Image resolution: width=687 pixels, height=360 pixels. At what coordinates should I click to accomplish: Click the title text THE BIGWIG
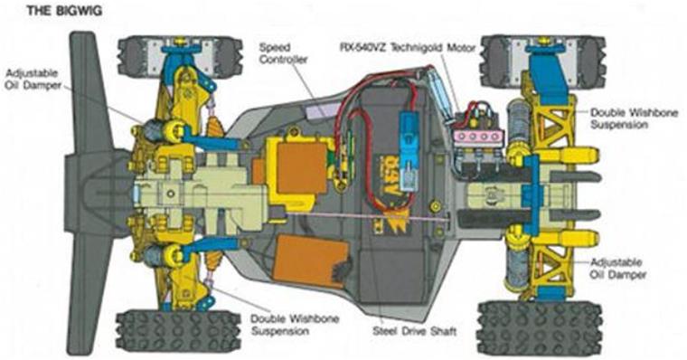tap(64, 11)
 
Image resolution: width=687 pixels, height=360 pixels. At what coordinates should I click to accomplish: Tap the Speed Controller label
tap(283, 53)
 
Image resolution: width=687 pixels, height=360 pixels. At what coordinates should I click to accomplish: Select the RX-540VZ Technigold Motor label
tap(408, 47)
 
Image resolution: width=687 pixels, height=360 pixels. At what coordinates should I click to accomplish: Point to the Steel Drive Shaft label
tap(414, 331)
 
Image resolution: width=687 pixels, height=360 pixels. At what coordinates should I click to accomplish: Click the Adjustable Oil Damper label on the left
tap(33, 80)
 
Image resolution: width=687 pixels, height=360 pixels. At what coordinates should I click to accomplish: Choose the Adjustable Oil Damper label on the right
tap(617, 269)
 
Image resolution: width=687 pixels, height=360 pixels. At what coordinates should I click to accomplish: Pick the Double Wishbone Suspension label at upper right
tap(634, 118)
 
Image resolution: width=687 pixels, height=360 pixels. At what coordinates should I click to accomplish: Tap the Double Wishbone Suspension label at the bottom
tap(295, 325)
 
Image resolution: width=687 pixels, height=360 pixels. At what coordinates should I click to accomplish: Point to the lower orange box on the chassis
tap(309, 261)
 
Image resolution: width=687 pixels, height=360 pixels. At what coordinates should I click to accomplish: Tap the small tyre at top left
tap(180, 57)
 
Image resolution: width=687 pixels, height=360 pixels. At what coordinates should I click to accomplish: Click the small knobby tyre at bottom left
tap(178, 331)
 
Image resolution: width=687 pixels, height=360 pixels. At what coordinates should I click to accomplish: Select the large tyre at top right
tap(543, 60)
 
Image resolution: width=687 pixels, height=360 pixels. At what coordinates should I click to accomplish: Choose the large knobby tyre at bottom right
tap(540, 328)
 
